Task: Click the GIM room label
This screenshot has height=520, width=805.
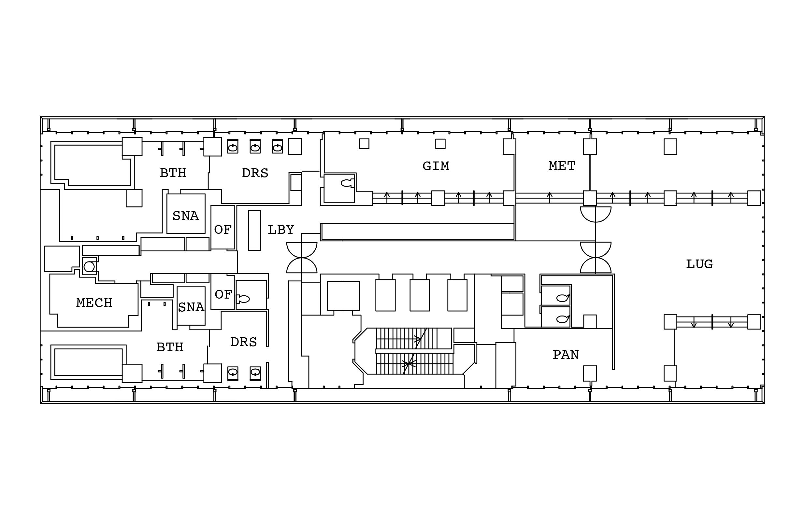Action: [436, 166]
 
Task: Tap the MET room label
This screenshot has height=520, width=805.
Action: [562, 166]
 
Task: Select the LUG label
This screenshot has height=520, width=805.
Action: [699, 264]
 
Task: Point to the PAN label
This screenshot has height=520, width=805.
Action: [566, 355]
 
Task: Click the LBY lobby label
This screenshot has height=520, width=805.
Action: [281, 230]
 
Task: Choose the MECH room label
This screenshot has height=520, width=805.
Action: [94, 303]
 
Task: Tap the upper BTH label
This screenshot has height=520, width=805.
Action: [173, 173]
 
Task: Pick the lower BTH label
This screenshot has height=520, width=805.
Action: [170, 347]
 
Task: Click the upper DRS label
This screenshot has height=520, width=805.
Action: [255, 173]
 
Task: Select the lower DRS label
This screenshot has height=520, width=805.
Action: [244, 342]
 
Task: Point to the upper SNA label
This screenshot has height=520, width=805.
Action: [185, 216]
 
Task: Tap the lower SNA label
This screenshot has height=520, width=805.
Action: [191, 307]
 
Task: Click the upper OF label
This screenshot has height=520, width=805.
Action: [223, 230]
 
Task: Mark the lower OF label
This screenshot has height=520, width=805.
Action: [223, 294]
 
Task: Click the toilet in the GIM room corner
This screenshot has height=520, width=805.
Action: [347, 183]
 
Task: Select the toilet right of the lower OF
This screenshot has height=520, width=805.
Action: [243, 299]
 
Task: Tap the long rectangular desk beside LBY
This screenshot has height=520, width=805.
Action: [254, 230]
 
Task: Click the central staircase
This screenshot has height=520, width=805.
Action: [414, 351]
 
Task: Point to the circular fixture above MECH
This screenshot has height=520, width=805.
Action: [89, 267]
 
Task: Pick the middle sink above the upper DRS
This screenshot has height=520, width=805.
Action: [255, 147]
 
